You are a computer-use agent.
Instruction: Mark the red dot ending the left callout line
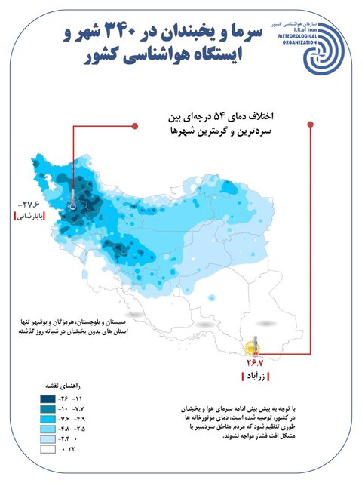[135, 125]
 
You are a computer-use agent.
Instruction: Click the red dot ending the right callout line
[311, 125]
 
